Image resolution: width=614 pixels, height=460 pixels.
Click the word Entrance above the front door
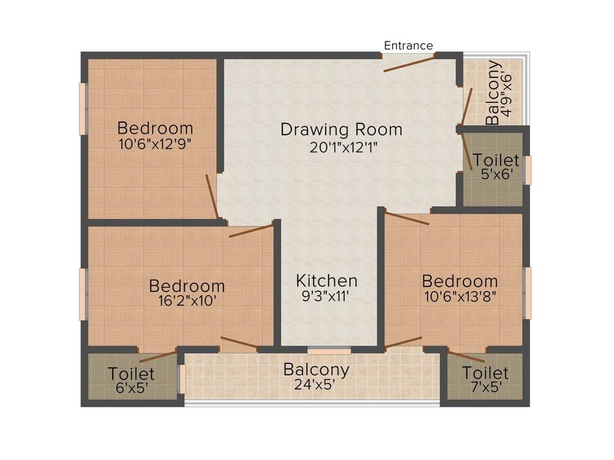pyautogui.click(x=408, y=46)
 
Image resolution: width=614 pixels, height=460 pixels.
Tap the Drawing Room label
pyautogui.click(x=341, y=129)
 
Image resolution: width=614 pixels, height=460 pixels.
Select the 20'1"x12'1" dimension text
pyautogui.click(x=343, y=147)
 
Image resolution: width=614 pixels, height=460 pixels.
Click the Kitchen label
pyautogui.click(x=327, y=280)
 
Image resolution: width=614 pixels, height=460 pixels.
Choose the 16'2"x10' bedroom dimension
pyautogui.click(x=186, y=301)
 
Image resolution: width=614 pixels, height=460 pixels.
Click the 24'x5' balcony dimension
pyautogui.click(x=316, y=385)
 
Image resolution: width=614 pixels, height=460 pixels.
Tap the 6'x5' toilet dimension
pyautogui.click(x=131, y=388)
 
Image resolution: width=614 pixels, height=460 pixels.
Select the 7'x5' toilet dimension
pyautogui.click(x=485, y=387)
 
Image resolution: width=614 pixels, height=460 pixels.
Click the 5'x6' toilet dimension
pyautogui.click(x=496, y=175)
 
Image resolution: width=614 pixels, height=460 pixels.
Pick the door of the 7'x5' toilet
pyautogui.click(x=466, y=357)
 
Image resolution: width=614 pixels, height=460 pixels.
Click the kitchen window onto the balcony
pyautogui.click(x=329, y=350)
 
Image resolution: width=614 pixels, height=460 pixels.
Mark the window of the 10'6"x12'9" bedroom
pyautogui.click(x=83, y=108)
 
